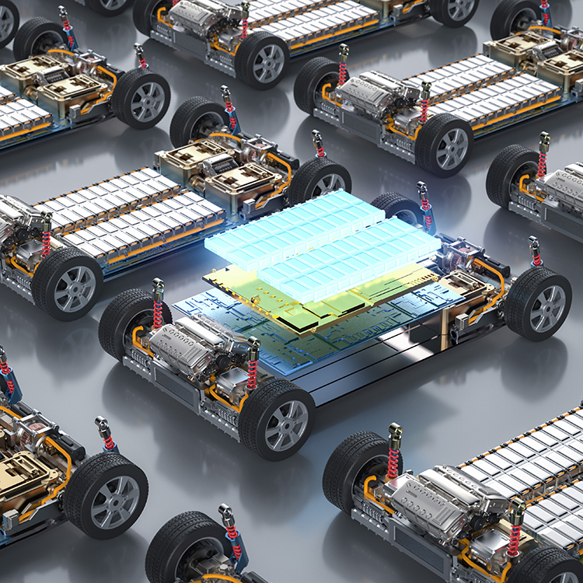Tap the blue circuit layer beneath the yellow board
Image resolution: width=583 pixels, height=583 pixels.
point(233,319)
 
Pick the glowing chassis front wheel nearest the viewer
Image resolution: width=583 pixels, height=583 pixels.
point(277,421)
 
